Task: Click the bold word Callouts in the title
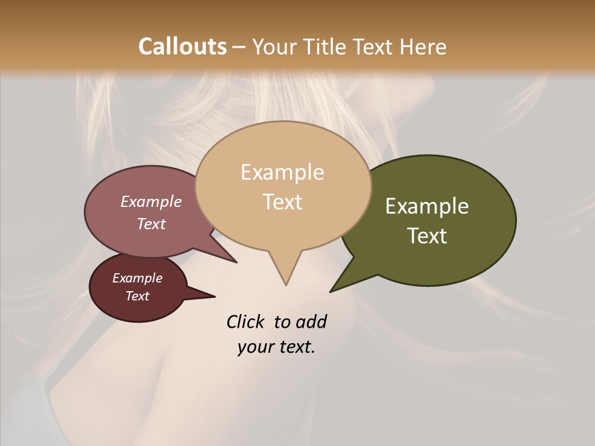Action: coord(182,46)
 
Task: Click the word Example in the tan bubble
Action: coord(282,172)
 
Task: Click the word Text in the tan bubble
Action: coord(282,202)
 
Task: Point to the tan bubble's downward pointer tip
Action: coord(286,284)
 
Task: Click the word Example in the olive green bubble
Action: coord(427,206)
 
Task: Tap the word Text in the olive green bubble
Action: coord(427,236)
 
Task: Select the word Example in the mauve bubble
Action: coord(151,201)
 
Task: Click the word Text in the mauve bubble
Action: coord(151,224)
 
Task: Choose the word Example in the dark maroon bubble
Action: coord(137,278)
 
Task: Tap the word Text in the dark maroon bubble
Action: coord(137,296)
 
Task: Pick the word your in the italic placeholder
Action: coord(253,347)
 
